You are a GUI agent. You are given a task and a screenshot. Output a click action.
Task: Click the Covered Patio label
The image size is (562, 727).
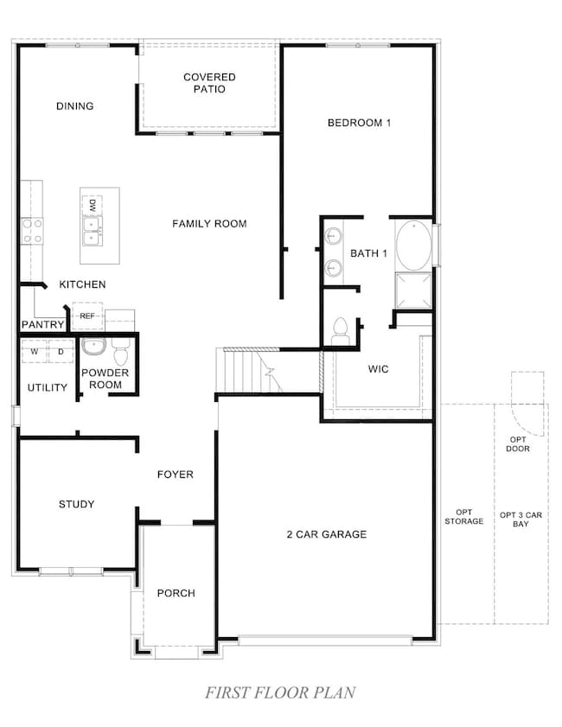209,83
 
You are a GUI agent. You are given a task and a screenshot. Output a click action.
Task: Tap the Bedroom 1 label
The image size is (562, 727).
359,123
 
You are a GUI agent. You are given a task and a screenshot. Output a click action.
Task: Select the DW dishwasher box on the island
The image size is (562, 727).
93,206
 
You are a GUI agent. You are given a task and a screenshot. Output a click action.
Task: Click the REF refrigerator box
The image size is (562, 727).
87,316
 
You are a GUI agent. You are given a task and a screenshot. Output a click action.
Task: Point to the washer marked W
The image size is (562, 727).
35,352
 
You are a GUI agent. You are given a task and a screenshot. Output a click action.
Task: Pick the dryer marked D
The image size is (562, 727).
61,352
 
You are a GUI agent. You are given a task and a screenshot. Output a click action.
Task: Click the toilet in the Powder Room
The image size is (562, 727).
120,352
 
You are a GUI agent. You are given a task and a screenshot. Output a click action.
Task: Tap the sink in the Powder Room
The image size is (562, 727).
94,346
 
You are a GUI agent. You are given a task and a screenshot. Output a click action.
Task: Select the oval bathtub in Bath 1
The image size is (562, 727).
413,246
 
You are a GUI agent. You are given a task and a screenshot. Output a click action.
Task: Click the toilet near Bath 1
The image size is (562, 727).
341,331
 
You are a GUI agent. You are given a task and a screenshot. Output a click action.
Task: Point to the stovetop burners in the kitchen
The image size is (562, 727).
32,231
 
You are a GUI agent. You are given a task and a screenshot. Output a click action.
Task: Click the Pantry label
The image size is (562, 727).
42,324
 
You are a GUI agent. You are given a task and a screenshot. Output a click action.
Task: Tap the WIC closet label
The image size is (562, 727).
378,369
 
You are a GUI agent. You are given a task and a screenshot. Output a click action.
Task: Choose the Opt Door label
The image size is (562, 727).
518,443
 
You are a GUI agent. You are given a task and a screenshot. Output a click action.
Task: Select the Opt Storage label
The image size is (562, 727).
463,516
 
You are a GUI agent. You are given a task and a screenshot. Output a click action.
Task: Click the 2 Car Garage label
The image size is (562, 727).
327,534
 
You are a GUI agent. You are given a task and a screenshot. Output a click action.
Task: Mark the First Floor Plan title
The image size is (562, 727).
280,692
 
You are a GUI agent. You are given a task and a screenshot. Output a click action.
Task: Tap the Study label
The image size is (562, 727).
76,504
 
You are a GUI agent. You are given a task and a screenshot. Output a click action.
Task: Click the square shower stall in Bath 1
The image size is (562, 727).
413,290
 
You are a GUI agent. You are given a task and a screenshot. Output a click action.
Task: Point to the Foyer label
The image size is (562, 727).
176,475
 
